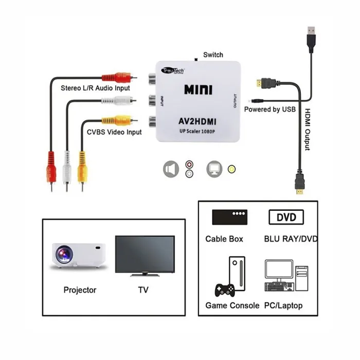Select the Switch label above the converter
pos(213,55)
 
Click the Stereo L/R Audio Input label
pos(95,88)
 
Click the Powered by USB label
pos(269,110)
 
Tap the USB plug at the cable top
pos(311,39)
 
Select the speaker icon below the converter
pos(171,169)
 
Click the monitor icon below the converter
pos(214,169)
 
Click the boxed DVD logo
pos(286,217)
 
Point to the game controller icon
pos(225,290)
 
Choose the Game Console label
pos(232,305)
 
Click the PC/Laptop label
pos(283,305)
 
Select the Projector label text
pos(80,290)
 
